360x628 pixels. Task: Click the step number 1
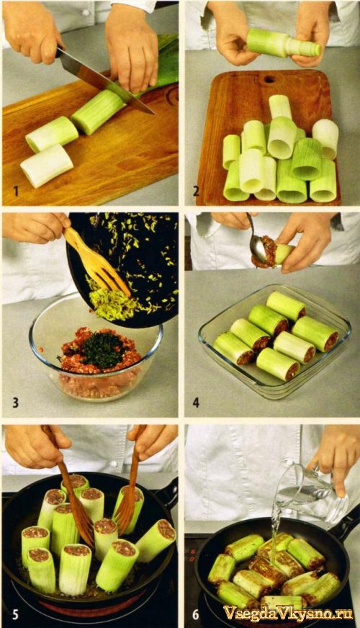coord(16,191)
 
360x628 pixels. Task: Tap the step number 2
coord(196,191)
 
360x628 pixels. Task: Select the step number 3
coord(16,402)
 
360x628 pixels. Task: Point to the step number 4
coord(196,402)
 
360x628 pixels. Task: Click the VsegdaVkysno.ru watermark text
coord(288,613)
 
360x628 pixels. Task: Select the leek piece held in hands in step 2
coord(284,43)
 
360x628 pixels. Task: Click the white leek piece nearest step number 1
coord(47,165)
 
